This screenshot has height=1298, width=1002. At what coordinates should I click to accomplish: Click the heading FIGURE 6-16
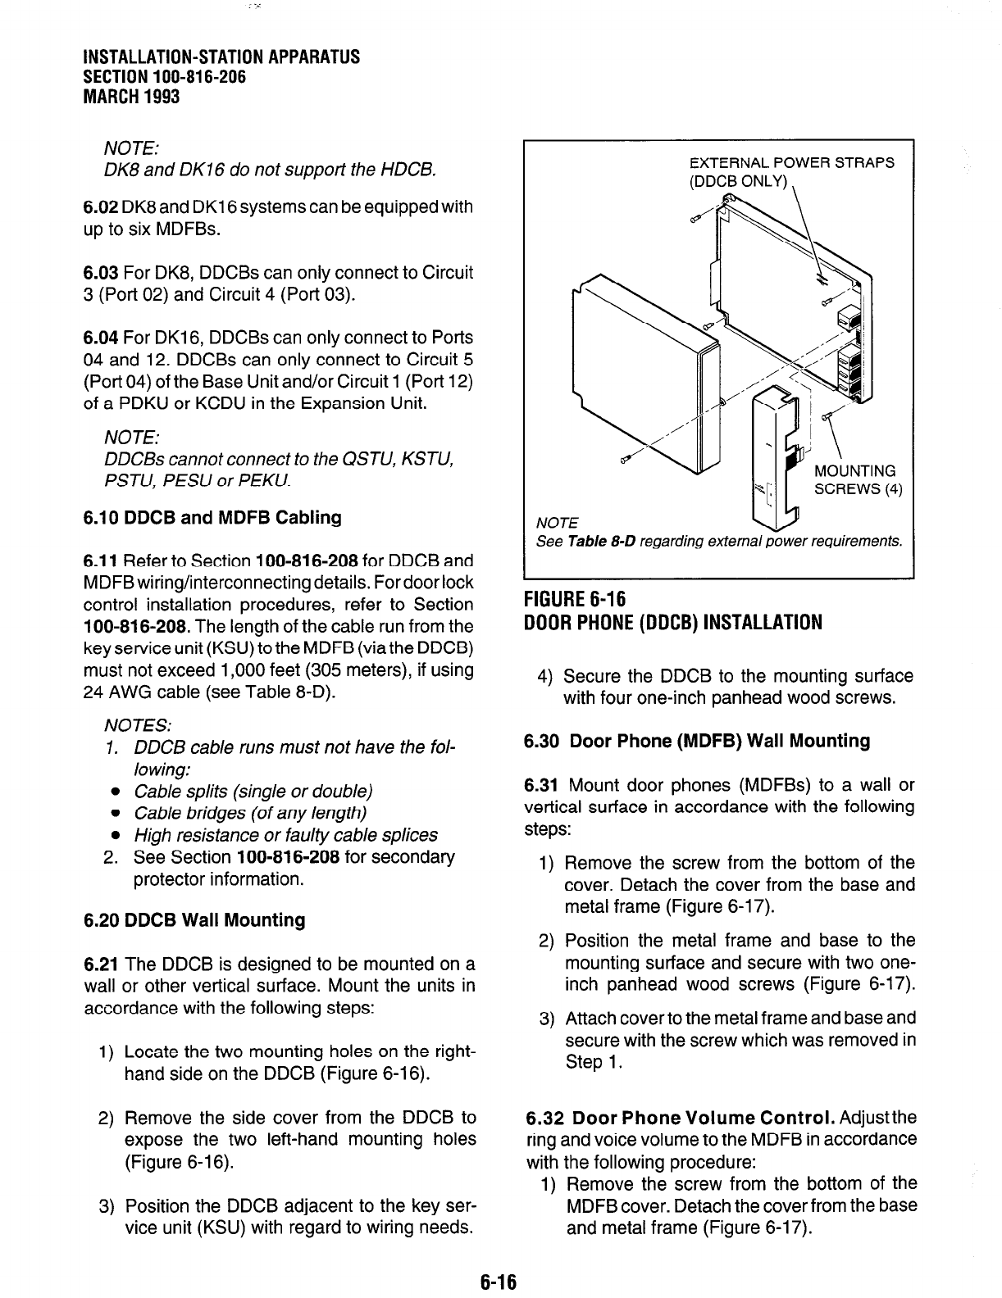575,600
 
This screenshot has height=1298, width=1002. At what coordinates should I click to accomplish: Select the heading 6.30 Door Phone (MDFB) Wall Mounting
698,742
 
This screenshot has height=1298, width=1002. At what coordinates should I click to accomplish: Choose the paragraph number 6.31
542,786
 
